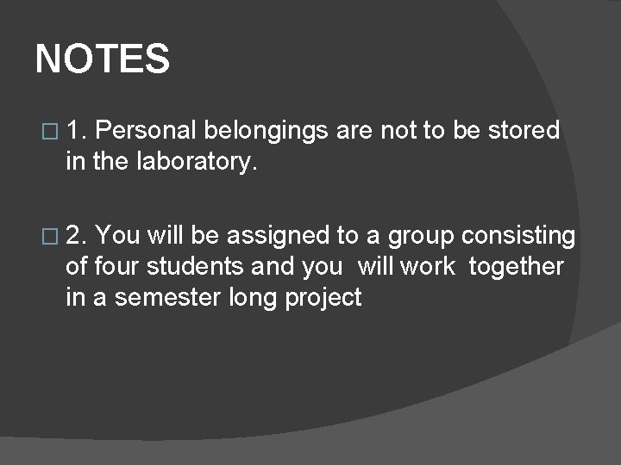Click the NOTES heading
(x=103, y=59)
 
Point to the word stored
(x=524, y=131)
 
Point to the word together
(x=516, y=267)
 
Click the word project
(x=329, y=299)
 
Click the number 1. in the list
(x=76, y=131)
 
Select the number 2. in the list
(x=76, y=235)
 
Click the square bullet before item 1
(x=48, y=132)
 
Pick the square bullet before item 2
(x=48, y=236)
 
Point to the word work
(x=428, y=267)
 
